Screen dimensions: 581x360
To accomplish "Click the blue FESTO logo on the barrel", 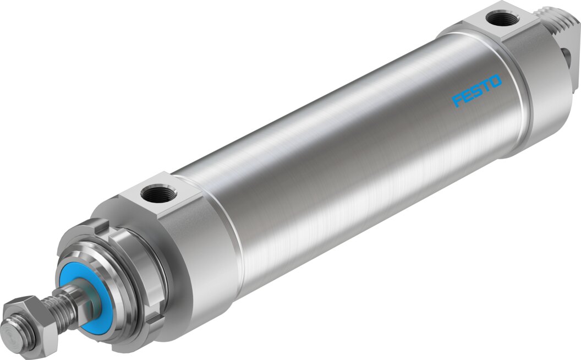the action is pos(477,90).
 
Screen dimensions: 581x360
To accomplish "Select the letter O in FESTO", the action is pos(496,81).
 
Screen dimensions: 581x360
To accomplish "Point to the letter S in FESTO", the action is pos(476,91).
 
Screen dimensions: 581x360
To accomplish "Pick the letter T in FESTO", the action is pos(485,86).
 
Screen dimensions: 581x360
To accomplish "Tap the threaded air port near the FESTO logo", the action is pos(501,19).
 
